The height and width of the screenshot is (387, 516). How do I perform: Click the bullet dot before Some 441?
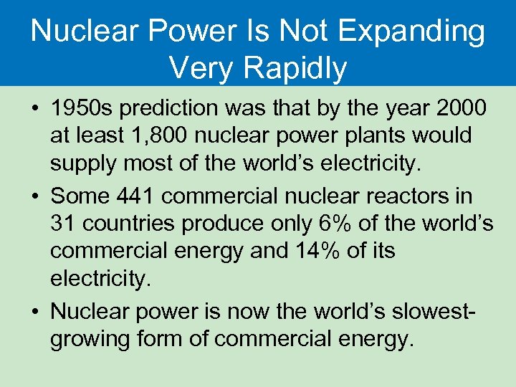34,196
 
